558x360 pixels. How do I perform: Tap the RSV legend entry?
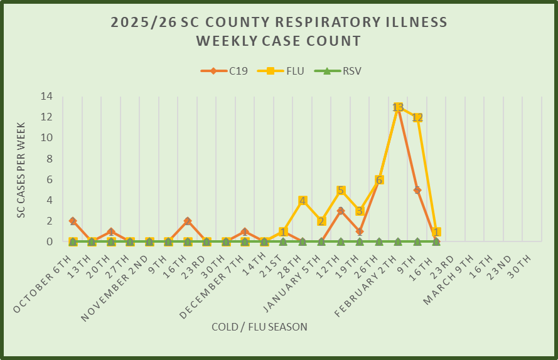coord(343,71)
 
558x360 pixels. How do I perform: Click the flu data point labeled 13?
coord(398,107)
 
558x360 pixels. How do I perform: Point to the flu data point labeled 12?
coord(417,117)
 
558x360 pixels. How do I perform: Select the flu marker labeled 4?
coord(303,201)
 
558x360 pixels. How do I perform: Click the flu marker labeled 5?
coord(341,190)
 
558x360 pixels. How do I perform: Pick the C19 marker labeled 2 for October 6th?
coord(73,221)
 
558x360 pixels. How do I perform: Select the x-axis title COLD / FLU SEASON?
coord(259,326)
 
